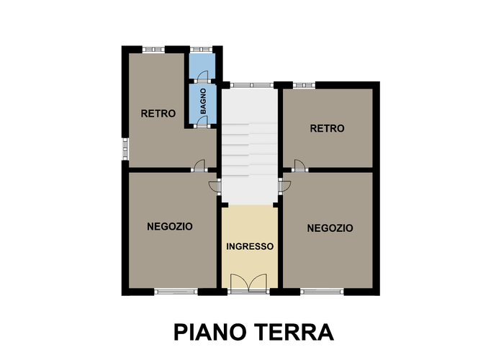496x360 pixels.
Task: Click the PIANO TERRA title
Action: coord(253,332)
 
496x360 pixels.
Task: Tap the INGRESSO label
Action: coord(250,246)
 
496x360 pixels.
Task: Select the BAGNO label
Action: coord(203,102)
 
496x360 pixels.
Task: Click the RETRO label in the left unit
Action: coord(158,114)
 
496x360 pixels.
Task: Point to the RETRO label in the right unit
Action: coord(327,128)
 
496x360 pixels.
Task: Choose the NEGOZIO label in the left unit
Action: coord(170,227)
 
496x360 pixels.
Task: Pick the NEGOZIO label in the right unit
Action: coord(330,228)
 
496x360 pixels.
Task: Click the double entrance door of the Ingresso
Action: coord(248,284)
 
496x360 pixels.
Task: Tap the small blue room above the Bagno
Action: coord(202,66)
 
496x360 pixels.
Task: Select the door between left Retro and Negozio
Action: coord(199,166)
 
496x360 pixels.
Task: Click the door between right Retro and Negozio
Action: coord(299,166)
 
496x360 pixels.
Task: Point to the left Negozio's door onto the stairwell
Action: coord(215,186)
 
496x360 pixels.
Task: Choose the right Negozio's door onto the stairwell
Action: coord(284,186)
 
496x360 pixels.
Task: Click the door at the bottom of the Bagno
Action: coord(202,122)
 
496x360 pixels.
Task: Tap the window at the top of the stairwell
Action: coord(252,85)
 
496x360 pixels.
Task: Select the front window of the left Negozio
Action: coord(176,292)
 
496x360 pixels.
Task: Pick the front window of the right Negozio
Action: coord(322,292)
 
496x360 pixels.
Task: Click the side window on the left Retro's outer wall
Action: coord(125,149)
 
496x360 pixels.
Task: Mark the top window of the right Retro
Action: coord(304,85)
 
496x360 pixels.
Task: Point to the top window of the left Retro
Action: coord(153,50)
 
